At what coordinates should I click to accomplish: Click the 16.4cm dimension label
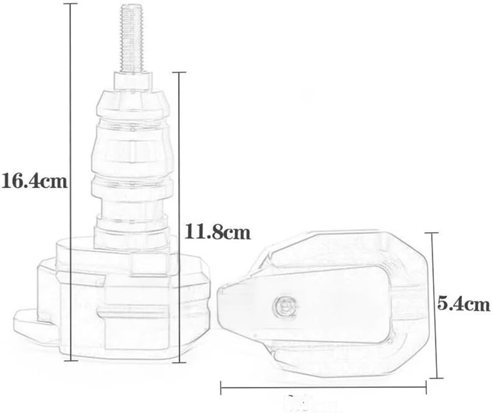[x=34, y=182]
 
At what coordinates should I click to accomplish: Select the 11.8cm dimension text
[x=217, y=231]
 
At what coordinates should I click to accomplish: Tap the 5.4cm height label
[x=463, y=304]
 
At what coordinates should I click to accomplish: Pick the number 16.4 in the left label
[x=21, y=182]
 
